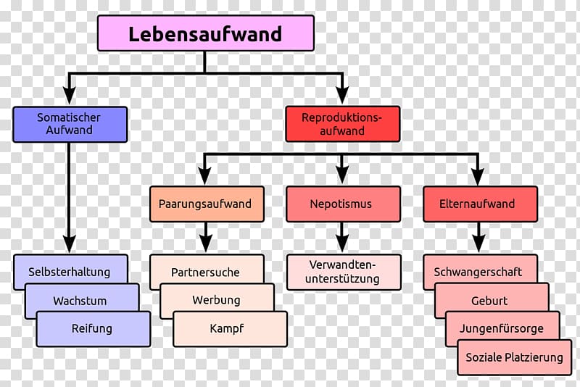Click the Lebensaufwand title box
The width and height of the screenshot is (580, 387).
[x=206, y=33]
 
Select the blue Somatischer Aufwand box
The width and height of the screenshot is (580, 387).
[x=70, y=124]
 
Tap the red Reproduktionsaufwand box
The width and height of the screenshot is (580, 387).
[x=342, y=124]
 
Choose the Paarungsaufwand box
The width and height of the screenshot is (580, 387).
[x=207, y=204]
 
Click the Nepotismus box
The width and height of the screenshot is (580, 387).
[x=343, y=204]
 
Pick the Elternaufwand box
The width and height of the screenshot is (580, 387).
[x=480, y=204]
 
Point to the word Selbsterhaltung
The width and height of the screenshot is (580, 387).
[x=69, y=272]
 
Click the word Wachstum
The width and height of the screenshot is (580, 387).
[x=80, y=301]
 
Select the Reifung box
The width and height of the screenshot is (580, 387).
[x=94, y=329]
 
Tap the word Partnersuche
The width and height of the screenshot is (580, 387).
[x=205, y=272]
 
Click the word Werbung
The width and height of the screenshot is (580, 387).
[x=216, y=300]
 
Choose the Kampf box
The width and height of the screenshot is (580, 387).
[x=230, y=329]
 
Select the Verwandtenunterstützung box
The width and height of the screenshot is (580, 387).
[x=344, y=272]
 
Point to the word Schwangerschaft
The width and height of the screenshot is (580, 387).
[x=478, y=272]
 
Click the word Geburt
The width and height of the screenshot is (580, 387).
[x=489, y=301]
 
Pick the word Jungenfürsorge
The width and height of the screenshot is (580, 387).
[x=502, y=328]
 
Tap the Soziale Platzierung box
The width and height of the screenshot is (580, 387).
[x=515, y=357]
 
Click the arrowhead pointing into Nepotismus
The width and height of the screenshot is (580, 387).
[x=342, y=175]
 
